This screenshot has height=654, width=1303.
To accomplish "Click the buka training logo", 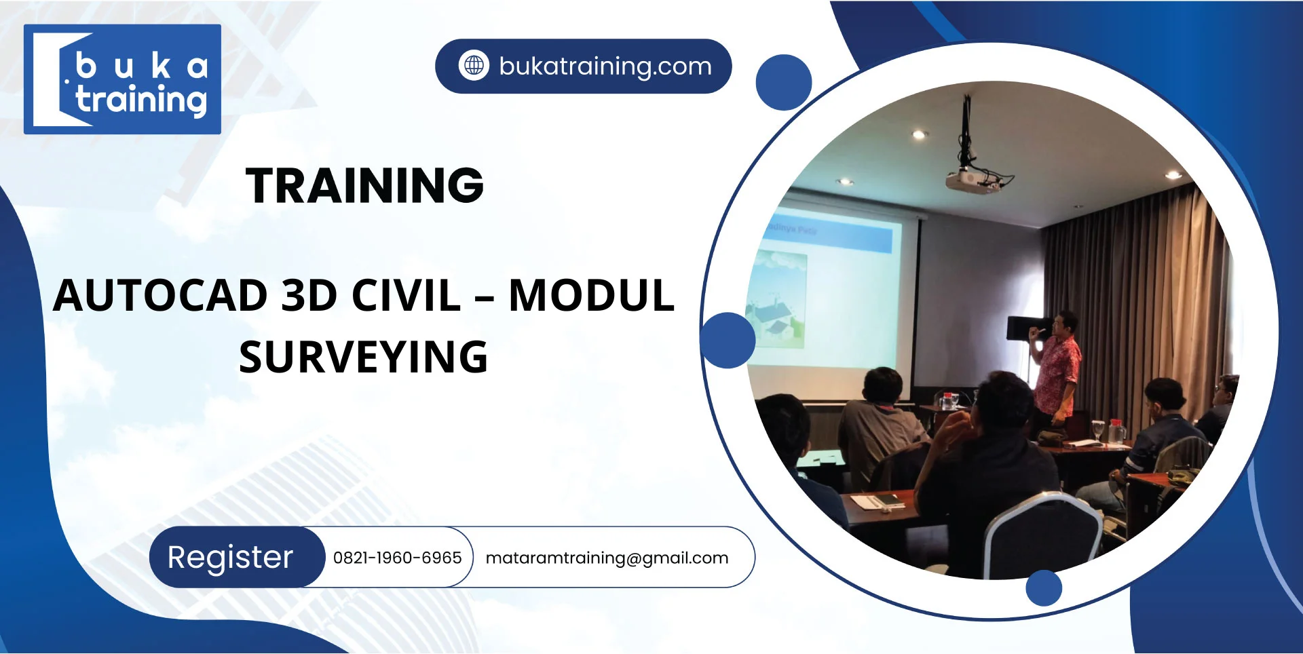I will tap(122, 79).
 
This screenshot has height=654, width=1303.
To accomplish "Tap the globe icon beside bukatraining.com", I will tap(474, 66).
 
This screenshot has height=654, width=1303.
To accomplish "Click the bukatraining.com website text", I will tap(605, 66).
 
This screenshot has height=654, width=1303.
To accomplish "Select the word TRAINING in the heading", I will tap(364, 185).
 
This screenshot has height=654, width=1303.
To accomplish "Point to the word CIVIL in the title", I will tap(406, 296).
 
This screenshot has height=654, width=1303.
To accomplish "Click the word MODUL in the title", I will tap(591, 296).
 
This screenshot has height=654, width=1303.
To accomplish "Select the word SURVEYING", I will tap(364, 358).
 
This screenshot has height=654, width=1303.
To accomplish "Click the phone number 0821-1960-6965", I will tap(397, 558).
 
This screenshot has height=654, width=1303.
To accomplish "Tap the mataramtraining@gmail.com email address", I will tap(607, 558).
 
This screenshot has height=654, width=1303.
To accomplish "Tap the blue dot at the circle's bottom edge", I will tap(1043, 588).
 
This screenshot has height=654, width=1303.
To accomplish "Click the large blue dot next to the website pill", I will tap(784, 83).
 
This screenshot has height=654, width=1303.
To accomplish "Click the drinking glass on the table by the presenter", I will tap(1098, 430).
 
